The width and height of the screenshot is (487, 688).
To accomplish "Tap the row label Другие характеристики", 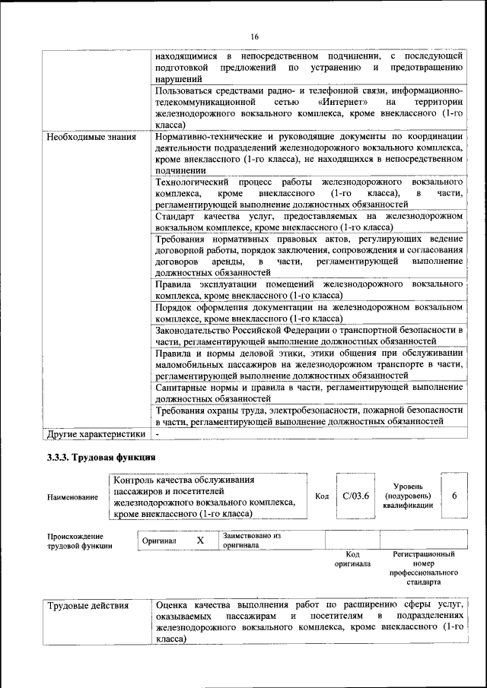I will (95, 435).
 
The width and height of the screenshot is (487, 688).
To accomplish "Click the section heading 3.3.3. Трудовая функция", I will (101, 458).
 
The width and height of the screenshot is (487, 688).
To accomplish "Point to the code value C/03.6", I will (355, 496).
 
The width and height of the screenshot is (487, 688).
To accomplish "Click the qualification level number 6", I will (454, 496).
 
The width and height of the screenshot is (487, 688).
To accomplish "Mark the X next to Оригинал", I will (200, 540).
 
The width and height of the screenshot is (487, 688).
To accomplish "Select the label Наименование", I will (72, 497).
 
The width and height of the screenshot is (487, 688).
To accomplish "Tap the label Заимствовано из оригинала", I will (252, 541).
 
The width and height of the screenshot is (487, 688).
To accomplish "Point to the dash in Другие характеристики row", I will (157, 435).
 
